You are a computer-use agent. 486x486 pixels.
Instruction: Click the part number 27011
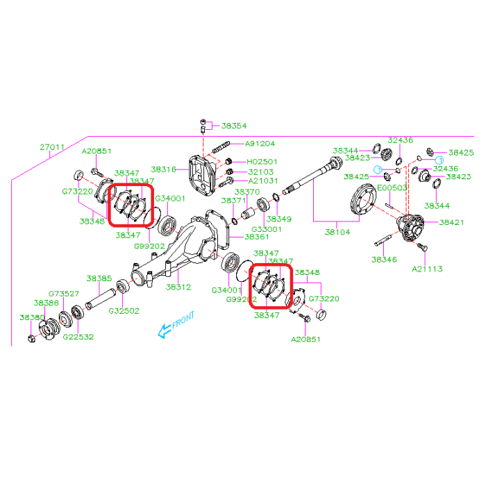[x=51, y=147]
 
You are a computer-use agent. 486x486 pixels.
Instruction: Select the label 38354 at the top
[x=234, y=126]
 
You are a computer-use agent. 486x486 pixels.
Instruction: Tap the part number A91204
[x=260, y=144]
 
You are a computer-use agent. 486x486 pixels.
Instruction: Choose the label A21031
[x=260, y=181]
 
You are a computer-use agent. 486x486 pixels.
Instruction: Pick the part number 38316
[x=164, y=169]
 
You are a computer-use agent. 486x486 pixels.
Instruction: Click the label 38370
[x=246, y=191]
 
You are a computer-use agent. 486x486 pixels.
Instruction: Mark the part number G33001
[x=267, y=229]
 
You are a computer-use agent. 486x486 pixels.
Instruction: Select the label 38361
[x=256, y=236]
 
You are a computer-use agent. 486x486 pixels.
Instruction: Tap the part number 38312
[x=178, y=286]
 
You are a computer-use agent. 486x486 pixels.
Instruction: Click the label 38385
[x=99, y=278]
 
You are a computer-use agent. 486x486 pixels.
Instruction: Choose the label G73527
[x=64, y=294]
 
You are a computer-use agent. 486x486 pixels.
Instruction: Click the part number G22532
[x=78, y=337]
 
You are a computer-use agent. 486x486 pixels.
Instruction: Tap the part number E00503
[x=394, y=187]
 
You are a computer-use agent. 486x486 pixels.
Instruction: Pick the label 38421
[x=451, y=222]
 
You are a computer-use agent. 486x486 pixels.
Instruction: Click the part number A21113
[x=427, y=268]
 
